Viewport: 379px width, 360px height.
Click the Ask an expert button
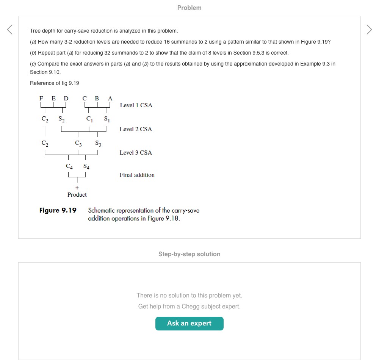point(189,323)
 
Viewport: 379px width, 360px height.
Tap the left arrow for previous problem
point(10,29)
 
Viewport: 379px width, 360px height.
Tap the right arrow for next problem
point(369,29)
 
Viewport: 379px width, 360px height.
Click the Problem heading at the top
point(189,8)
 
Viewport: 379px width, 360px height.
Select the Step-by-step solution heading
point(189,254)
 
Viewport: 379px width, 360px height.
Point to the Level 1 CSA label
point(136,105)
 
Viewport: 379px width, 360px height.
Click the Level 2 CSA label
point(136,129)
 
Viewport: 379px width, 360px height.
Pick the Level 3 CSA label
point(136,153)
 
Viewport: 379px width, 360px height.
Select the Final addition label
point(137,175)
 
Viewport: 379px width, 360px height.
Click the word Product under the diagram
point(77,194)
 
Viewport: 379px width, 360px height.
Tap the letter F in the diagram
point(41,99)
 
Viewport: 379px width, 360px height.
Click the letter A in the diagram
point(110,99)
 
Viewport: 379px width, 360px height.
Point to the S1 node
point(106,119)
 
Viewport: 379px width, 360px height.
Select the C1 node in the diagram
point(89,119)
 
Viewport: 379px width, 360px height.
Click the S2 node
point(61,119)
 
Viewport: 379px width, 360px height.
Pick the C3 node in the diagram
point(78,143)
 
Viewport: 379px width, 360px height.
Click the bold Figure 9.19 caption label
point(58,210)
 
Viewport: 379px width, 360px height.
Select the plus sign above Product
point(77,188)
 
